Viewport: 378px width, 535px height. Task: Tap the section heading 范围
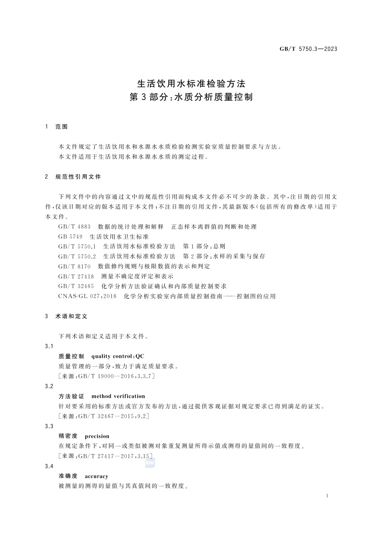(62, 127)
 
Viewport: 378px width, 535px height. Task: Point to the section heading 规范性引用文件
(78, 176)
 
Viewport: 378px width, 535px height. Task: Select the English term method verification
(118, 396)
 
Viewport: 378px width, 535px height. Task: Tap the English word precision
(97, 436)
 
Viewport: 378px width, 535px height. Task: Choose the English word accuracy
(96, 476)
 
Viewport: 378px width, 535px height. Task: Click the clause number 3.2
(48, 386)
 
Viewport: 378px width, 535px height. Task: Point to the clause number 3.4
(48, 466)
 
